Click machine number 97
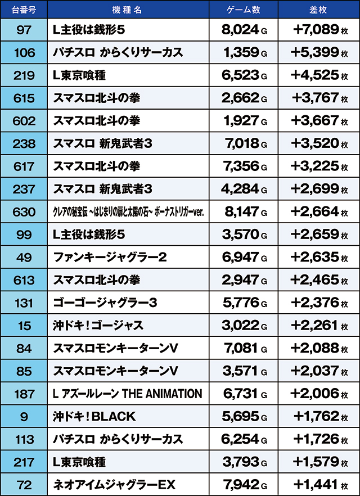click(x=24, y=30)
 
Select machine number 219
click(x=24, y=75)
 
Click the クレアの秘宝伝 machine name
click(x=127, y=212)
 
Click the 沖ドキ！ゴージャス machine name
click(x=98, y=326)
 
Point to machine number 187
click(x=24, y=394)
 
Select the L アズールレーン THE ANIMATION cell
click(x=127, y=394)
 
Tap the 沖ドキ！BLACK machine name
click(x=94, y=417)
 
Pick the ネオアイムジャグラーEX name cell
click(x=114, y=485)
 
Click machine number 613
click(x=24, y=280)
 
